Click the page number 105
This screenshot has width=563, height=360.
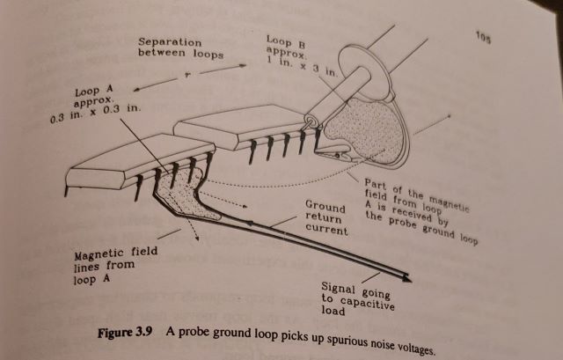coord(483,37)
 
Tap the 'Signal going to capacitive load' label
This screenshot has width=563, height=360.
coord(360,299)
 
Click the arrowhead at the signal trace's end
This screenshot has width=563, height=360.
coord(407,278)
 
